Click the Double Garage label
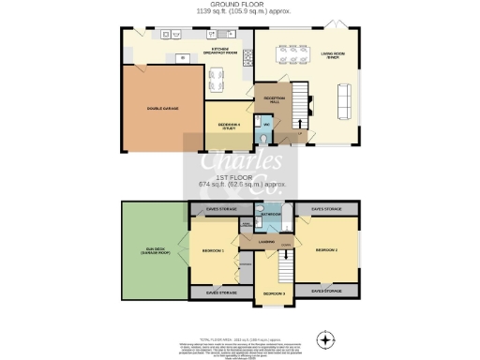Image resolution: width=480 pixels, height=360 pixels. [162, 109]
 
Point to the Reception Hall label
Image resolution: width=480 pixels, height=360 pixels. [272, 97]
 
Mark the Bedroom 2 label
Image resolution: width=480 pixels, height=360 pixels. [326, 250]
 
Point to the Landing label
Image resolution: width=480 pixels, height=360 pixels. [266, 243]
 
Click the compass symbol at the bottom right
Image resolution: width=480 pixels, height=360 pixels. [325, 337]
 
